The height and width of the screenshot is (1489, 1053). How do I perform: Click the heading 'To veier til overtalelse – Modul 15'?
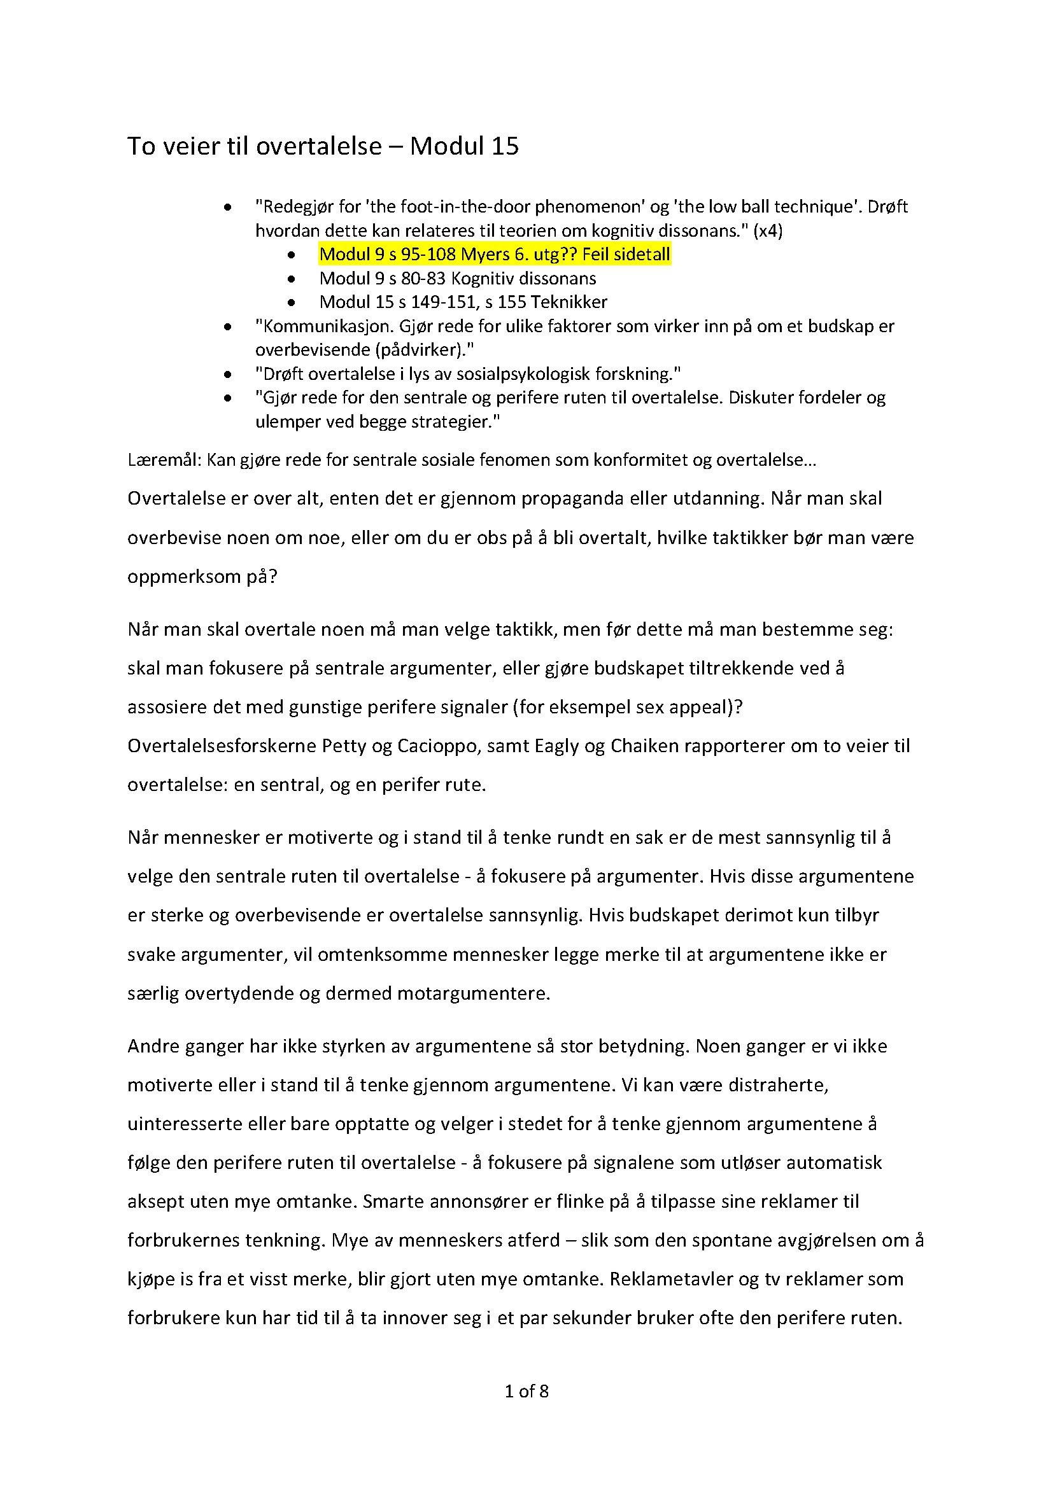(x=322, y=146)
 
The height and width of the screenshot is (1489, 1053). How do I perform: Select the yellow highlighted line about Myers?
(x=494, y=255)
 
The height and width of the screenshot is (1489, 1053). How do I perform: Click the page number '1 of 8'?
(x=526, y=1391)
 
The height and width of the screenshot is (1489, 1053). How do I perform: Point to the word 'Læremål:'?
(x=164, y=461)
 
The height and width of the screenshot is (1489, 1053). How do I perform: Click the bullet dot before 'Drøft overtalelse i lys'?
(x=227, y=375)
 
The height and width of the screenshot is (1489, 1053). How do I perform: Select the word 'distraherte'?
(x=778, y=1085)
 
